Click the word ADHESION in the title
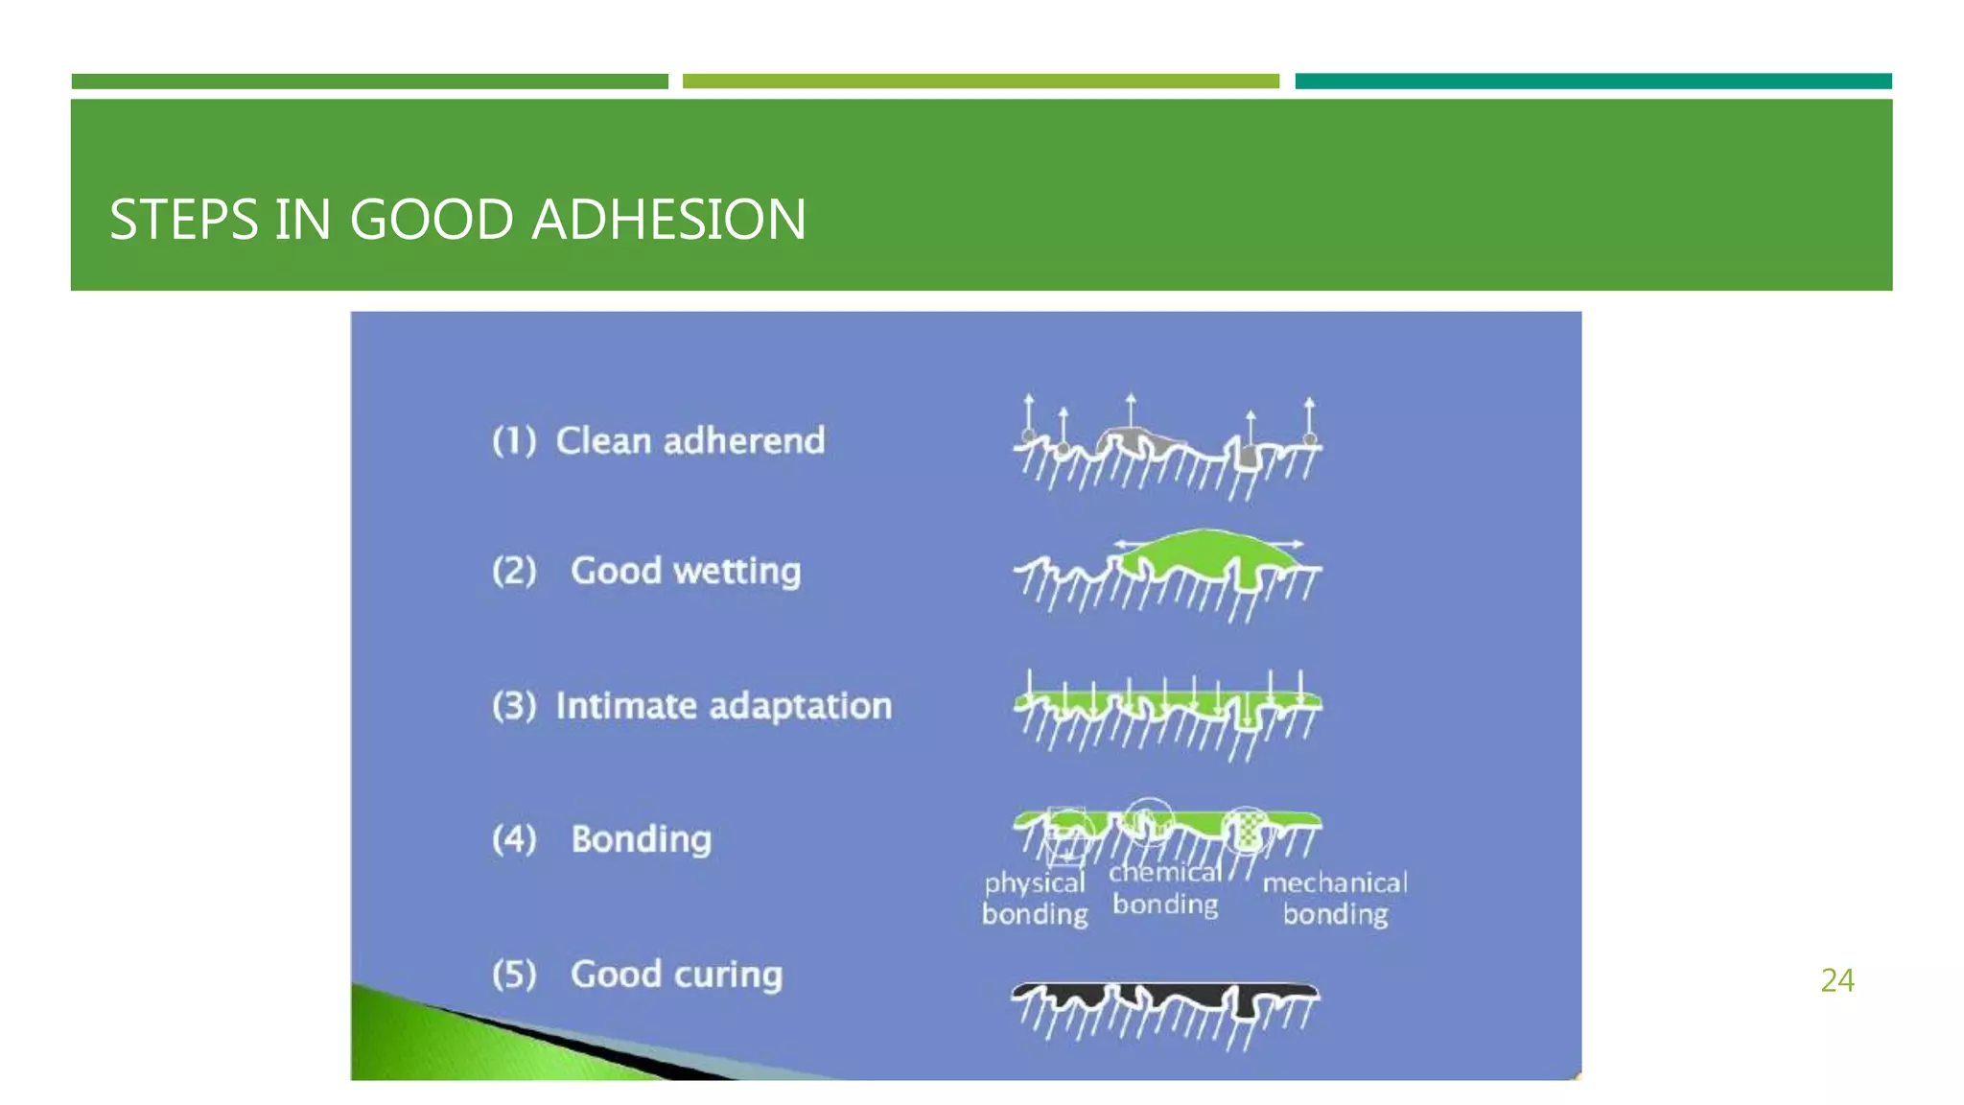[x=668, y=220]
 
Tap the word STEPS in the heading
[x=183, y=220]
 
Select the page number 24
[x=1836, y=980]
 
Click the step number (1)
[x=514, y=441]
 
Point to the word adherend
[x=743, y=441]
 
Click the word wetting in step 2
[x=736, y=572]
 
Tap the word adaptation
[x=801, y=706]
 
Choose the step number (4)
[x=514, y=839]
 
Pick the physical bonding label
[x=1035, y=898]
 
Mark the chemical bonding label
[x=1165, y=888]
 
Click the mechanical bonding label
[x=1335, y=898]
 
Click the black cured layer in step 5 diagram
[x=1165, y=994]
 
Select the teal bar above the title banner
[x=1593, y=82]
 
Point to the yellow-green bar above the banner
[x=980, y=82]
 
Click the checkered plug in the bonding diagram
[x=1247, y=830]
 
